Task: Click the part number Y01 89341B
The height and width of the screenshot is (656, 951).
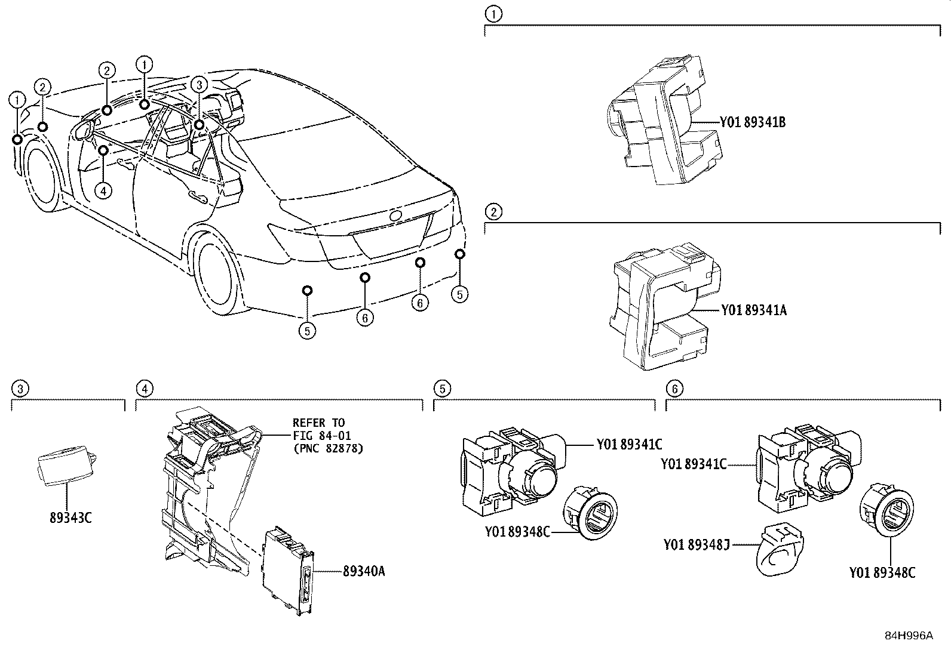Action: (x=752, y=123)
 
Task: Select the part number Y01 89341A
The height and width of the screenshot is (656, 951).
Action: (x=753, y=310)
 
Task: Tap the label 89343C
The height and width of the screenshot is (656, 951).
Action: (x=70, y=518)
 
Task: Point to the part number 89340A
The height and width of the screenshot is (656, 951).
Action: (x=363, y=572)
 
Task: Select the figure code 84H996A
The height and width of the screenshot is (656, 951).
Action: (x=908, y=636)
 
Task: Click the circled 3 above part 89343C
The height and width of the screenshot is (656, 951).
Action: (x=20, y=389)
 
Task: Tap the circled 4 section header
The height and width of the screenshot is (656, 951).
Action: (x=144, y=389)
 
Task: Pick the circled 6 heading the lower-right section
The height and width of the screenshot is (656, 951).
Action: (x=674, y=389)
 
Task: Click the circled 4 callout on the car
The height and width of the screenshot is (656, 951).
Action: (x=103, y=191)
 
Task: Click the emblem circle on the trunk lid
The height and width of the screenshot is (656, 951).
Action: (x=395, y=217)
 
